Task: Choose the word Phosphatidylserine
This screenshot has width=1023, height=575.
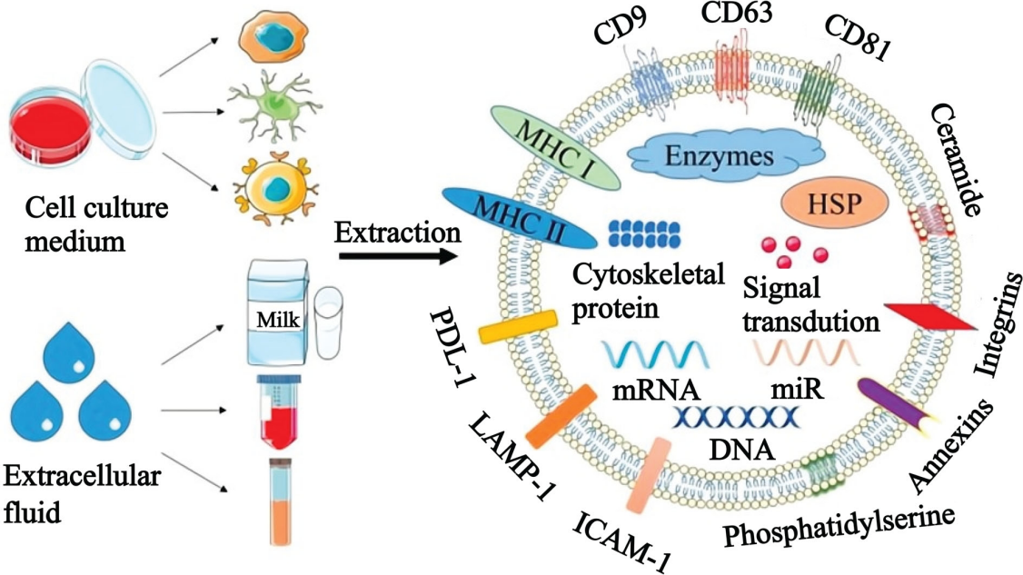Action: pyautogui.click(x=841, y=528)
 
